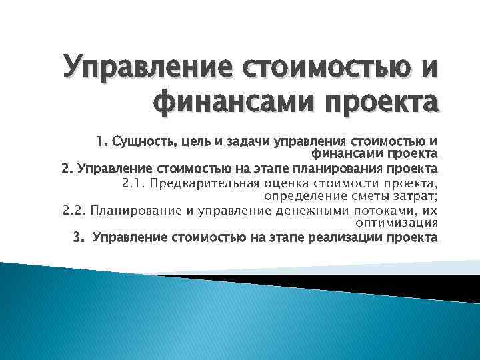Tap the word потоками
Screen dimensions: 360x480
click(x=386, y=211)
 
